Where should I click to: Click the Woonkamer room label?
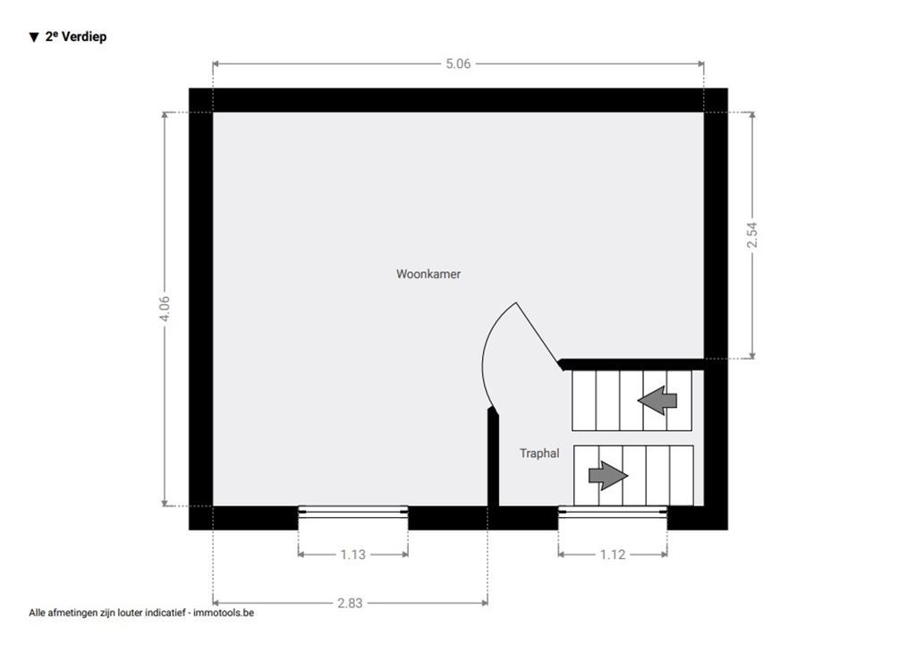pyautogui.click(x=428, y=274)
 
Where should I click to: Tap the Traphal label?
pyautogui.click(x=539, y=454)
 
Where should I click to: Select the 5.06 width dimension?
pyautogui.click(x=458, y=64)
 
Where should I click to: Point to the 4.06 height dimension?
pyautogui.click(x=165, y=308)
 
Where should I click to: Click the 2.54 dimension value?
pyautogui.click(x=751, y=235)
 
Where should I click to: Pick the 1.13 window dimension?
pyautogui.click(x=352, y=555)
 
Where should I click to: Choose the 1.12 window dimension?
pyautogui.click(x=613, y=555)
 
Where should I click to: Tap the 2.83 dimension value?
pyautogui.click(x=350, y=603)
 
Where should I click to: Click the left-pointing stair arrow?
pyautogui.click(x=657, y=401)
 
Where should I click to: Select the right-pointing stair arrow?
pyautogui.click(x=608, y=476)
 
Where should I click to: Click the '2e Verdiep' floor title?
pyautogui.click(x=76, y=37)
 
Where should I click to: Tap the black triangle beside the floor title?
pyautogui.click(x=33, y=38)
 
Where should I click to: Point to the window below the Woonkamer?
pyautogui.click(x=352, y=512)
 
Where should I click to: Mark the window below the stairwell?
pyautogui.click(x=613, y=512)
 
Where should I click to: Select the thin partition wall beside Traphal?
pyautogui.click(x=493, y=457)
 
